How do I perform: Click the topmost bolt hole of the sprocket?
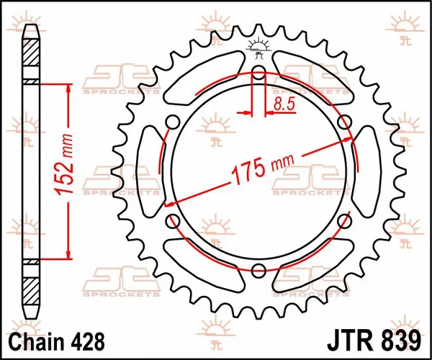click(258, 71)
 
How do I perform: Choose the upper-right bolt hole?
click(345, 120)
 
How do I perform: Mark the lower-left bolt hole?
click(171, 221)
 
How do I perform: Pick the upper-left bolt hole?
click(171, 120)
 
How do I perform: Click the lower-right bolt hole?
click(345, 221)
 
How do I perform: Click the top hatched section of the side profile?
click(30, 58)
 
